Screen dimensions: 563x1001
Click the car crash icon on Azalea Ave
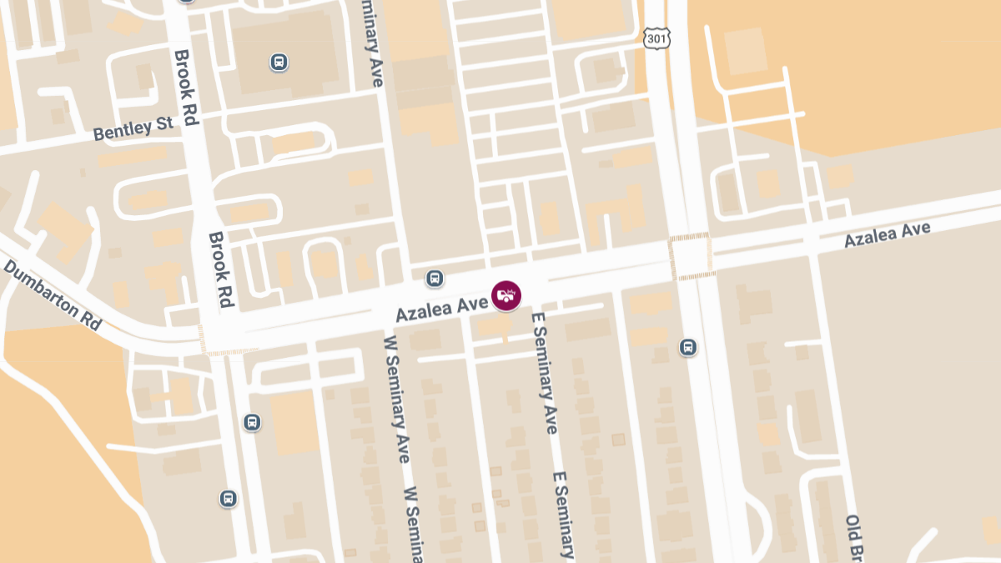pyautogui.click(x=506, y=295)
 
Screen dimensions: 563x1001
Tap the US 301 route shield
pyautogui.click(x=656, y=37)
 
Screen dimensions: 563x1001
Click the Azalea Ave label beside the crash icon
pyautogui.click(x=441, y=309)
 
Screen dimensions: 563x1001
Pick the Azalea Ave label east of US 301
pyautogui.click(x=887, y=234)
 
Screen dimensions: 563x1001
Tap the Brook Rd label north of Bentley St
pyautogui.click(x=184, y=87)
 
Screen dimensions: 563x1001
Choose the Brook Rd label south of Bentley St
pyautogui.click(x=219, y=269)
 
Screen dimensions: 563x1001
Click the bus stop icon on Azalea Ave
pyautogui.click(x=435, y=278)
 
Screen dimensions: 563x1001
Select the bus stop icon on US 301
pyautogui.click(x=688, y=347)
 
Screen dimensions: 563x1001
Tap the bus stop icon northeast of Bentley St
pyautogui.click(x=279, y=62)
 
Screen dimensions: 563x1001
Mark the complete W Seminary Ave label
pyautogui.click(x=395, y=399)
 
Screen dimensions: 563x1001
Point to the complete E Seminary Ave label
pyautogui.click(x=543, y=373)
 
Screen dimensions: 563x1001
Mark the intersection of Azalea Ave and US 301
pyautogui.click(x=689, y=256)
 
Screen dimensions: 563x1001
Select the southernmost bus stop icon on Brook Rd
pyautogui.click(x=228, y=499)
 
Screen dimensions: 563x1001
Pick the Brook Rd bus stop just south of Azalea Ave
pyautogui.click(x=252, y=423)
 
